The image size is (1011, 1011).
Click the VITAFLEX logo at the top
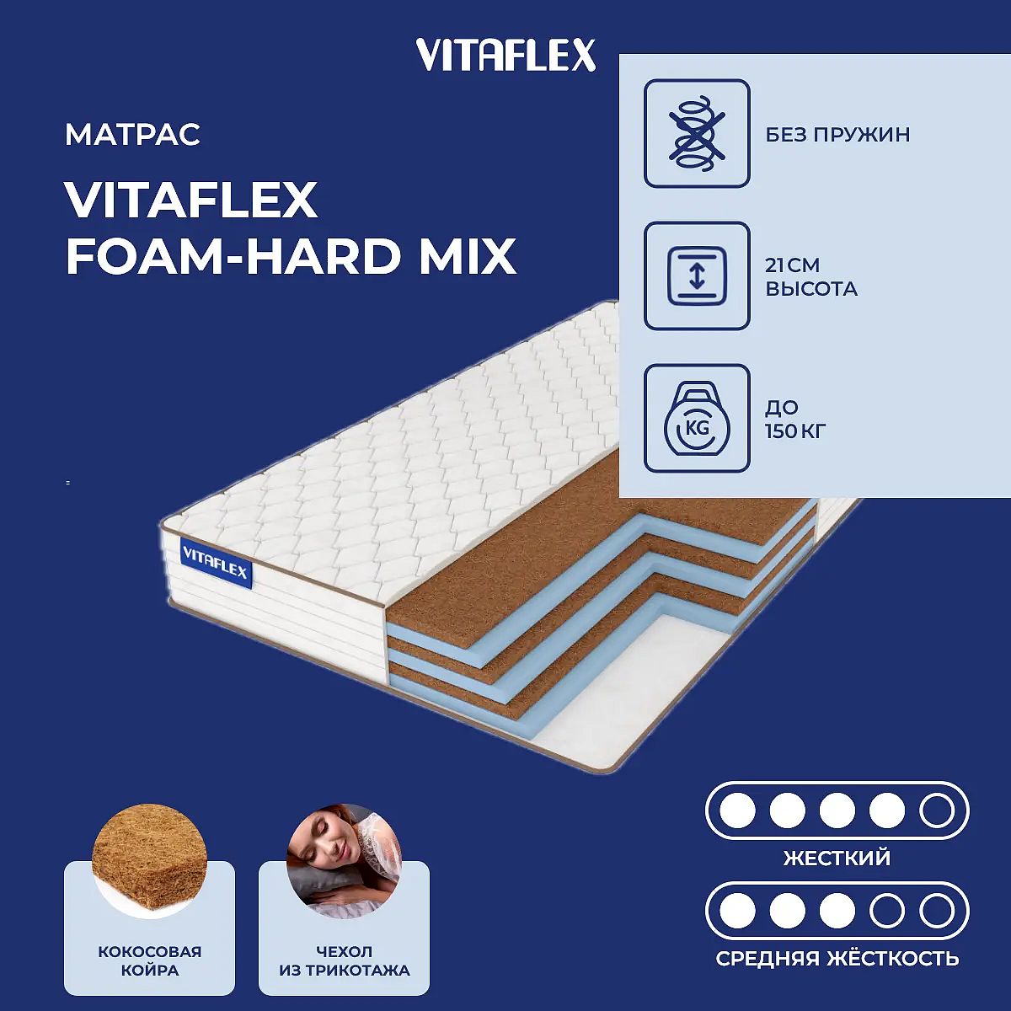click(x=505, y=55)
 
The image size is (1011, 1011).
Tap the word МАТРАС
click(x=133, y=134)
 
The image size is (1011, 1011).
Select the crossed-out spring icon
click(x=697, y=133)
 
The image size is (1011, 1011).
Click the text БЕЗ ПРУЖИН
click(x=837, y=135)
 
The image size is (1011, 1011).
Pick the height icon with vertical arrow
click(x=697, y=276)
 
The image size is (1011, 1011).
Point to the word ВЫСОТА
click(x=811, y=289)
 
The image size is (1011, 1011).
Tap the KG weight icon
click(x=697, y=419)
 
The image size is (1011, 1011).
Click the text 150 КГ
click(x=795, y=432)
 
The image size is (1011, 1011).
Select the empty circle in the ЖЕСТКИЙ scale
click(x=936, y=810)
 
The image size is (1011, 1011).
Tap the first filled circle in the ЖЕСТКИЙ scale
click(x=737, y=810)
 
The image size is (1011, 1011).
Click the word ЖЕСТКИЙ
click(x=837, y=859)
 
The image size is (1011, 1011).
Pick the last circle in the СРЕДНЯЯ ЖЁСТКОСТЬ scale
click(x=936, y=911)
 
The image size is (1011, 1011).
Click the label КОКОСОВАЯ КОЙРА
click(x=149, y=961)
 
